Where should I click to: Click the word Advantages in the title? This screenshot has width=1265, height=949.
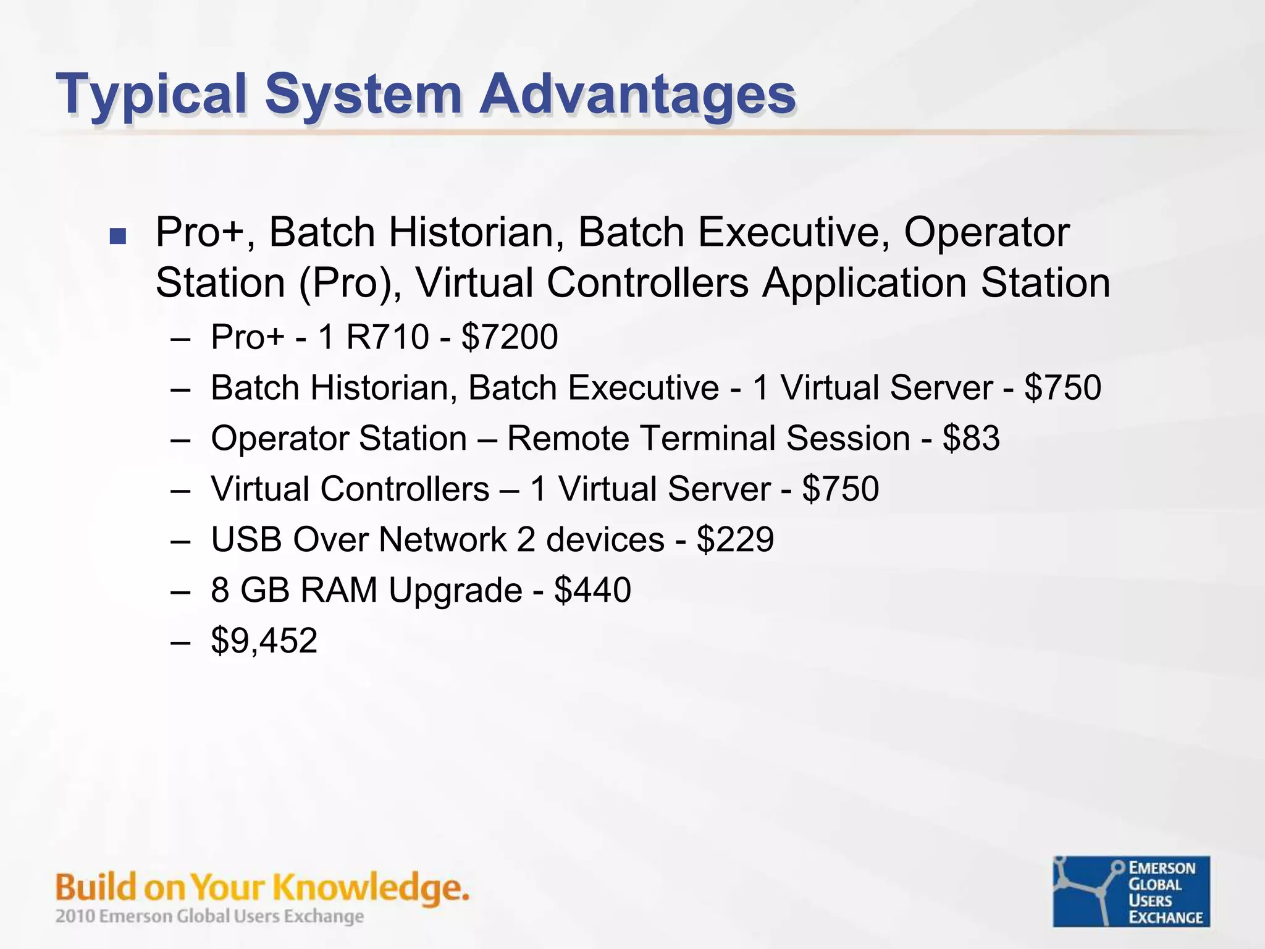pyautogui.click(x=638, y=95)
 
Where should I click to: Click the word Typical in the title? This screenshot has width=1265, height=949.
pyautogui.click(x=151, y=95)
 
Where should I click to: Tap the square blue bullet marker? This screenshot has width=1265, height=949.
pyautogui.click(x=117, y=235)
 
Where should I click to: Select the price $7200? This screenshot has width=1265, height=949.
pyautogui.click(x=510, y=337)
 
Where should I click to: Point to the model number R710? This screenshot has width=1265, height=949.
pyautogui.click(x=387, y=337)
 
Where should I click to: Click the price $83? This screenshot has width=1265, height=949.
pyautogui.click(x=971, y=439)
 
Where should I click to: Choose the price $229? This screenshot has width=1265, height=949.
pyautogui.click(x=735, y=539)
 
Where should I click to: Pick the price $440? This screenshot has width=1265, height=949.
pyautogui.click(x=592, y=590)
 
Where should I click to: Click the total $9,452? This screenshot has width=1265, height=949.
pyautogui.click(x=264, y=641)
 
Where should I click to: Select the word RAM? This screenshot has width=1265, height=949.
pyautogui.click(x=338, y=590)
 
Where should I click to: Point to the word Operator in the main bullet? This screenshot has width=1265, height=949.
pyautogui.click(x=986, y=233)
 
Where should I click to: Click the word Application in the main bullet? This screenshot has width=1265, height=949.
pyautogui.click(x=864, y=284)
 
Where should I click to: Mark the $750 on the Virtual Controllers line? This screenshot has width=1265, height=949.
pyautogui.click(x=840, y=489)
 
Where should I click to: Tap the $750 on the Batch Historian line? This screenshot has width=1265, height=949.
pyautogui.click(x=1062, y=388)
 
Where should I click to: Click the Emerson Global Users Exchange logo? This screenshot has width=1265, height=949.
pyautogui.click(x=1131, y=891)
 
